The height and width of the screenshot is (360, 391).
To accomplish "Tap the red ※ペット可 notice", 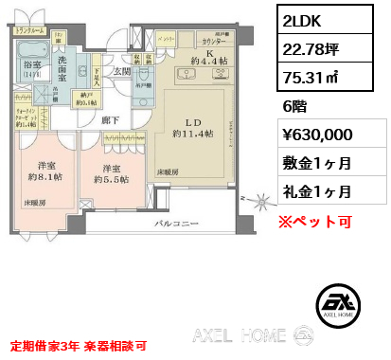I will (x=314, y=223).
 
